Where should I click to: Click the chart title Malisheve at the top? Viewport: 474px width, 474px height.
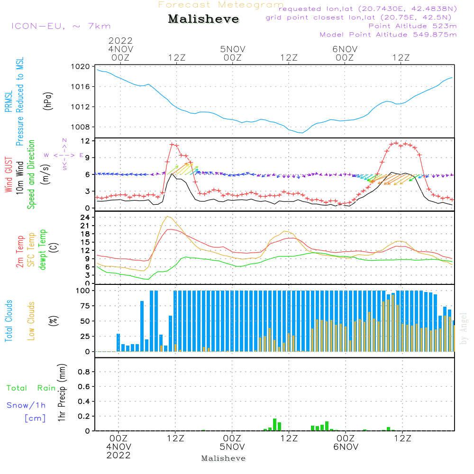point(203,19)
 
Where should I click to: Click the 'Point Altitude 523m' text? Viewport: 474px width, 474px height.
point(412,26)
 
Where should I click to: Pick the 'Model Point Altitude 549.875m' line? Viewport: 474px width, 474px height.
point(388,35)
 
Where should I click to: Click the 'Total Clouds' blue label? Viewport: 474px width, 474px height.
point(9,321)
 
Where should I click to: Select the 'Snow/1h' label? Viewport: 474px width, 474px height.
point(26,405)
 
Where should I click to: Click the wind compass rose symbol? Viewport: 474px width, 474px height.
point(64,155)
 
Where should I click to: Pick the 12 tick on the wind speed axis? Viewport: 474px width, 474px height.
point(86,141)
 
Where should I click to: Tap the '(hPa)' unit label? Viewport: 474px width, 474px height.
point(47,100)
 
